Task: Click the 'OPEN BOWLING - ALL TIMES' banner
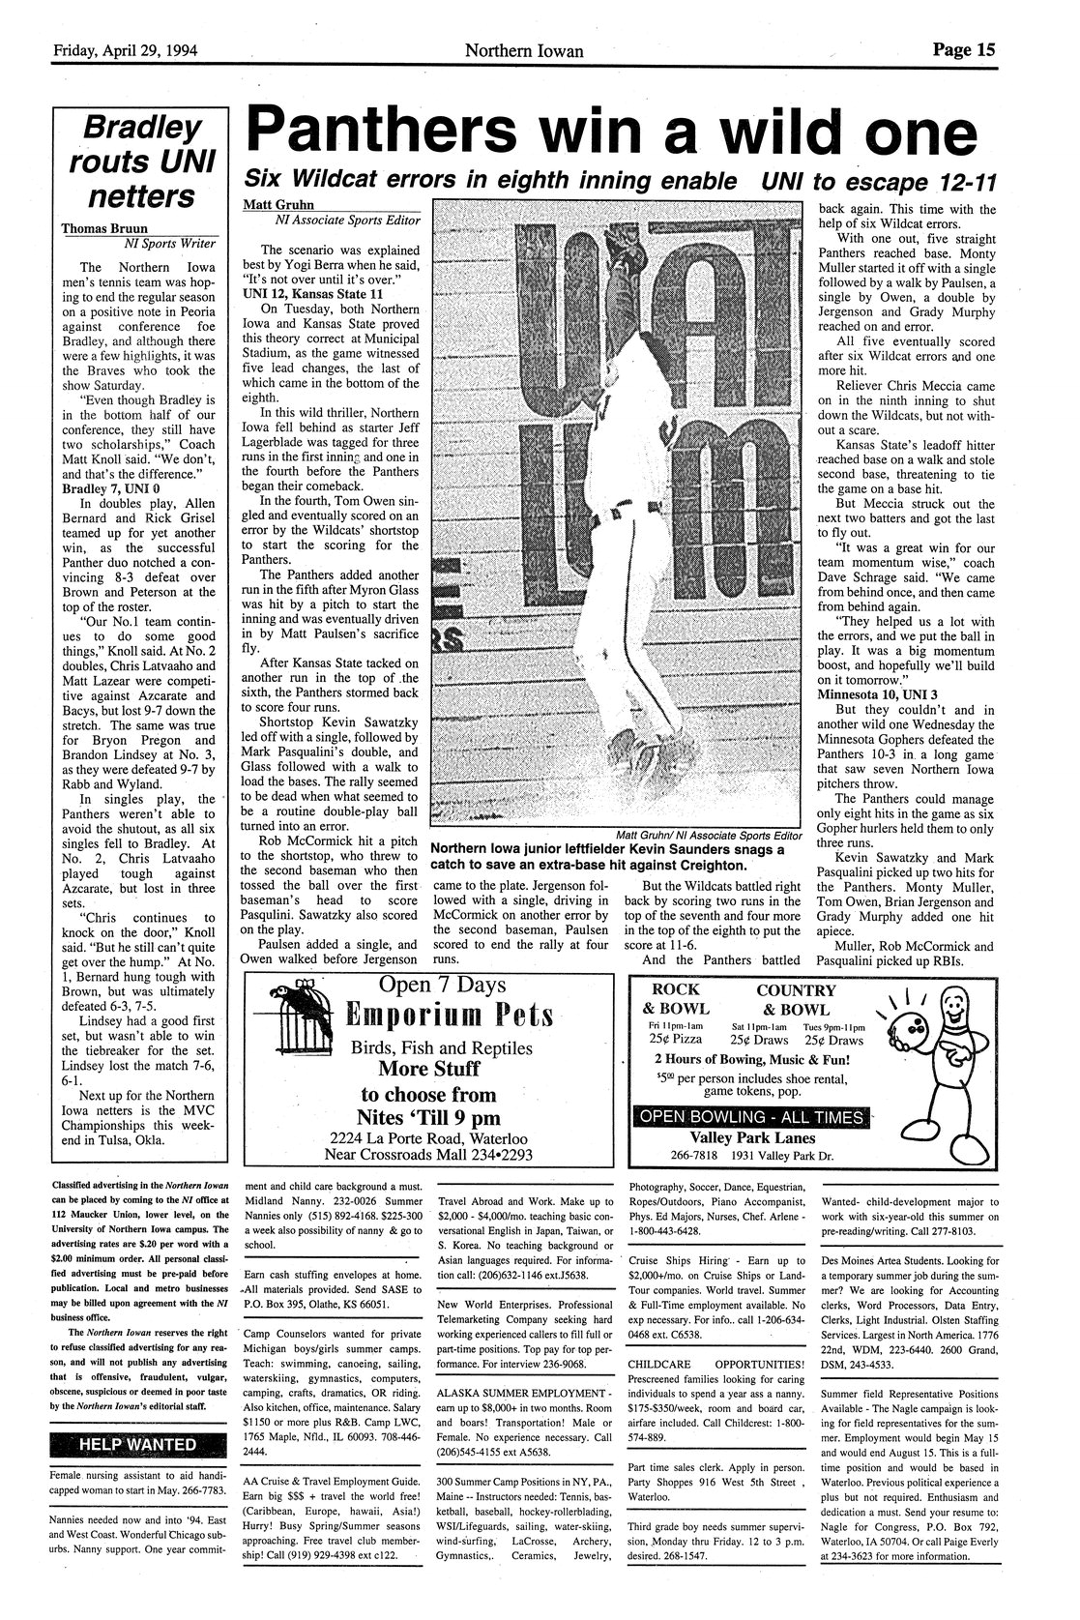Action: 749,1117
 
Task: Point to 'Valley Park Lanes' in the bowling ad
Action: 749,1138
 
